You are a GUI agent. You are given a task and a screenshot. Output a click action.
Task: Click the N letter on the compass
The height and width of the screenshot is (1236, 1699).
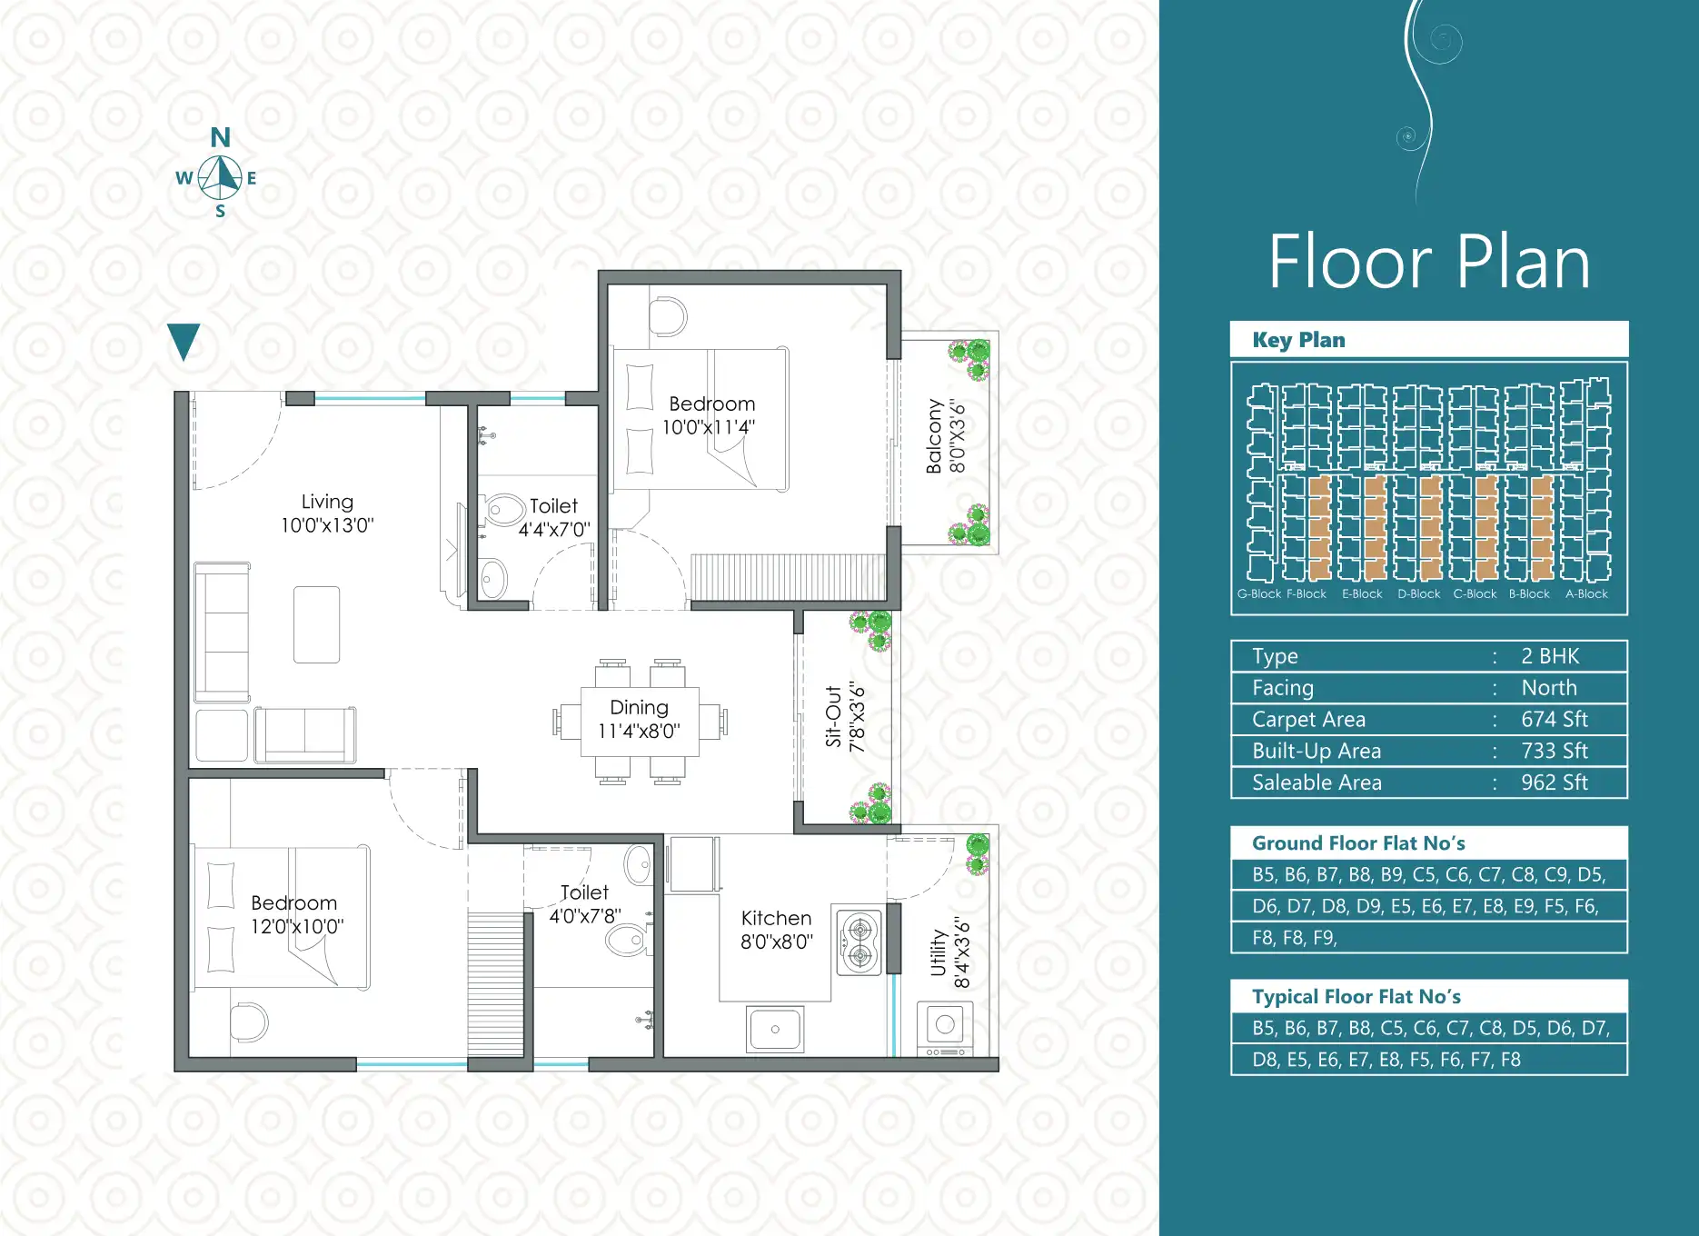(220, 137)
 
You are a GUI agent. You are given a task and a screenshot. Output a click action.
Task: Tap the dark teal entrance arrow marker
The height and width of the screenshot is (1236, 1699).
(184, 341)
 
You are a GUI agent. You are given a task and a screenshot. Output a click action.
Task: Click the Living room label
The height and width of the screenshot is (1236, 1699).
(327, 502)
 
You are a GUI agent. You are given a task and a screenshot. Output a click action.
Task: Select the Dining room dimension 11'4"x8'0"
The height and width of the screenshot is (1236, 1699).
(639, 731)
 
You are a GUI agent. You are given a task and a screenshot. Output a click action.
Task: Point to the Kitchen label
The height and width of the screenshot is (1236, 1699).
(776, 918)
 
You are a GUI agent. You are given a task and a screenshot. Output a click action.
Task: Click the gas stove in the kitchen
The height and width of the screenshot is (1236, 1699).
(859, 942)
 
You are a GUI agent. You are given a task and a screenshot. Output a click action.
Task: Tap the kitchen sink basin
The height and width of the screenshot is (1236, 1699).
(775, 1029)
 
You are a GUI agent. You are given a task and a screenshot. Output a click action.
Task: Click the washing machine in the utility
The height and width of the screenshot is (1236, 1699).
(945, 1029)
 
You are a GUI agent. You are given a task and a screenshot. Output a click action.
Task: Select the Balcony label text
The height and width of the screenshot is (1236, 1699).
(934, 436)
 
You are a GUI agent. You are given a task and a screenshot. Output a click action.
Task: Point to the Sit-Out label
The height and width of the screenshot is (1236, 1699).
(833, 716)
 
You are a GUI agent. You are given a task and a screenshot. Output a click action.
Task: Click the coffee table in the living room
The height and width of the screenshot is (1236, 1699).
(316, 624)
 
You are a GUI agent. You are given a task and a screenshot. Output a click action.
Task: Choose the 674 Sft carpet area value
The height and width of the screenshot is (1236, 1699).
(1555, 719)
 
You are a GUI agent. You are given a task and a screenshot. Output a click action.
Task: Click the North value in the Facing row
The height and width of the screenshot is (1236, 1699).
(1549, 688)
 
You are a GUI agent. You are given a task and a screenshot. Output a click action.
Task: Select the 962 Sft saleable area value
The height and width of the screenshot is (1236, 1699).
(1555, 782)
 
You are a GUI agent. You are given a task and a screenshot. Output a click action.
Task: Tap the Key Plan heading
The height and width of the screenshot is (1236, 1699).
(1298, 340)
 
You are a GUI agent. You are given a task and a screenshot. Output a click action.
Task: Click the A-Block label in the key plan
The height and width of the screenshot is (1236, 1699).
(1586, 593)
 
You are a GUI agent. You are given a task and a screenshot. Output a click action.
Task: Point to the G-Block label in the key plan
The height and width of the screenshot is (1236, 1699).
(1259, 593)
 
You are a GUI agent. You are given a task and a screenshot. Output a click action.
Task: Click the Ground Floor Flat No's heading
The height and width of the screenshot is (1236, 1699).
(1358, 842)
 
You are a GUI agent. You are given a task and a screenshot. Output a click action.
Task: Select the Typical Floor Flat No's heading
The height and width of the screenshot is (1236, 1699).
(1356, 996)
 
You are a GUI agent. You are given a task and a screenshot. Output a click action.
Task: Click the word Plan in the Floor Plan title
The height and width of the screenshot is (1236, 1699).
(1523, 262)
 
